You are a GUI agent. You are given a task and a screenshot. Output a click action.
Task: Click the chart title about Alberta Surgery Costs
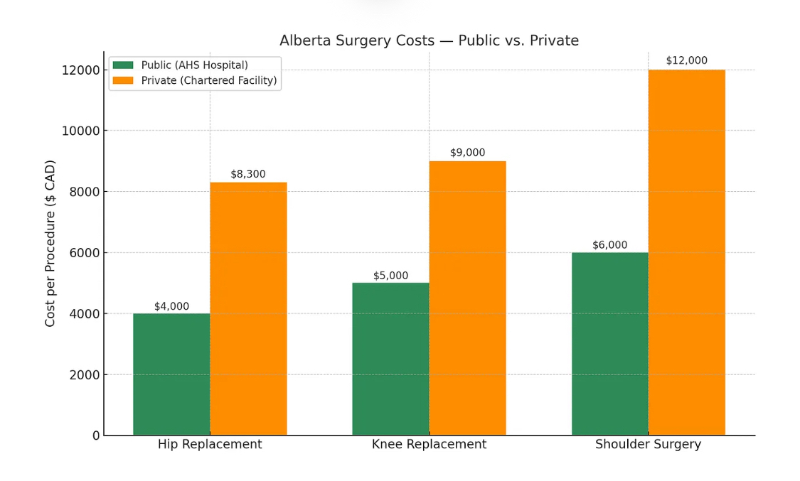click(x=429, y=41)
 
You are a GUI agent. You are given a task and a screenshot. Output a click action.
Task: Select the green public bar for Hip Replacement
click(x=171, y=374)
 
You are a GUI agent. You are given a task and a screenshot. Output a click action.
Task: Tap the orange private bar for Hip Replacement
click(x=248, y=308)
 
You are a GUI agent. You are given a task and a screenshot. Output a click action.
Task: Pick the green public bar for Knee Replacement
click(x=390, y=359)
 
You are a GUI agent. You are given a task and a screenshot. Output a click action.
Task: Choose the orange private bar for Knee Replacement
click(x=467, y=298)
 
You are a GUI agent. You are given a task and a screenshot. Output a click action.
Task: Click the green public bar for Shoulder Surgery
click(x=609, y=343)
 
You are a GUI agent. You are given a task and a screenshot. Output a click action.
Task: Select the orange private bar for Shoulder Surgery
click(x=686, y=252)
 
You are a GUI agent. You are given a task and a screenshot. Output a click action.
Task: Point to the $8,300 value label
click(x=248, y=174)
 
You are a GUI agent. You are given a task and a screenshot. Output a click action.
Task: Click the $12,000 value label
click(x=686, y=61)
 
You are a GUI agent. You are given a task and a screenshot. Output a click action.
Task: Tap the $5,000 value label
click(x=390, y=276)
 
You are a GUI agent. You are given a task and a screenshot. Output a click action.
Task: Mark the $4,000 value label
click(x=171, y=306)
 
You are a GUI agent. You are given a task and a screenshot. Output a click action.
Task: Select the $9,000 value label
click(x=467, y=153)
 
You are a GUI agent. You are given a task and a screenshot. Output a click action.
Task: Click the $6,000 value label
click(x=609, y=245)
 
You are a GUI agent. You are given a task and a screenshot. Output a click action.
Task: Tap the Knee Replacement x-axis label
click(x=429, y=445)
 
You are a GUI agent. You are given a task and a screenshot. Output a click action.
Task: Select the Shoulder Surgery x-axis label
click(x=648, y=445)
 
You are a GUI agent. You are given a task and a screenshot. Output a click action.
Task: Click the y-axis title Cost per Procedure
click(x=50, y=243)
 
